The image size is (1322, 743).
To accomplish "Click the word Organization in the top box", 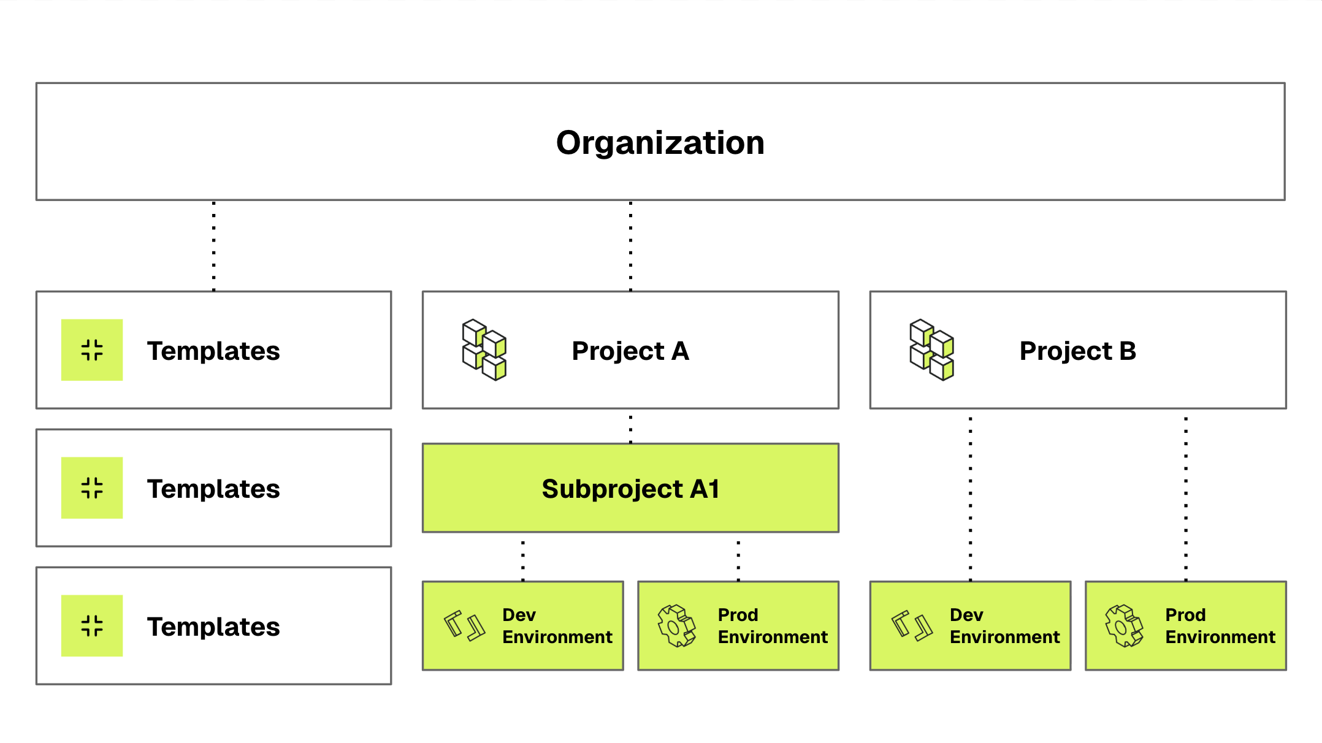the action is click(x=660, y=143).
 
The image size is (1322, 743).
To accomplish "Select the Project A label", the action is click(x=630, y=351).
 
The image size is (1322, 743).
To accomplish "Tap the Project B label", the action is click(x=1078, y=351).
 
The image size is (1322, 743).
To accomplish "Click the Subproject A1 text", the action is click(x=630, y=489).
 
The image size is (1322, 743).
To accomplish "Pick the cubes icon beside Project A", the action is click(x=484, y=350).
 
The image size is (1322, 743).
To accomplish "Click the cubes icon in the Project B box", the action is click(x=932, y=350).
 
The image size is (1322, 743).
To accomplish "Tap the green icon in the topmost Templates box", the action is click(x=92, y=350).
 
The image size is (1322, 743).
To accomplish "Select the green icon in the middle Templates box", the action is click(x=92, y=488).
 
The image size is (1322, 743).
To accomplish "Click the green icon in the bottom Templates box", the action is click(x=92, y=626).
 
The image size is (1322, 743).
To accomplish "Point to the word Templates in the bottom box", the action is click(x=213, y=627).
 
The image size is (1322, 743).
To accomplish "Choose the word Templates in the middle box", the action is click(x=213, y=489).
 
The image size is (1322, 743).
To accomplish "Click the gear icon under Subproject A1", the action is click(x=677, y=626).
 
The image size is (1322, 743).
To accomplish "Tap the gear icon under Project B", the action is click(x=1125, y=626).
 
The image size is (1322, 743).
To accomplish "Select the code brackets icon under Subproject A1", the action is click(x=464, y=626).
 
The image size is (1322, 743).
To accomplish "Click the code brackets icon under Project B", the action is click(x=912, y=626).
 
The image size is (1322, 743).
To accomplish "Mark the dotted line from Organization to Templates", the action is click(x=213, y=246).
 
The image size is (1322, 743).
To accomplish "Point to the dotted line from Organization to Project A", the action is click(x=630, y=246).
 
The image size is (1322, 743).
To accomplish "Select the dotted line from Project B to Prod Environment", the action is click(x=1186, y=499).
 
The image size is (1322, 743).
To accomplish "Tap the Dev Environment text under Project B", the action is click(x=1004, y=626).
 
